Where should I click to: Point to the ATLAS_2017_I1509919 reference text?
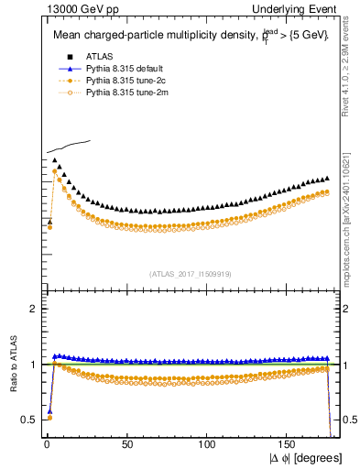[190, 273]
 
